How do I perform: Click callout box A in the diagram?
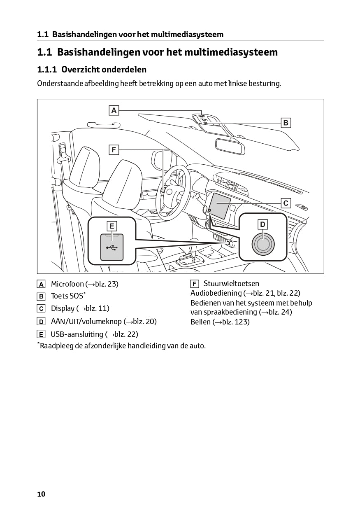point(114,110)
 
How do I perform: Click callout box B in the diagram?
point(286,123)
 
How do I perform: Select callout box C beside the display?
point(286,203)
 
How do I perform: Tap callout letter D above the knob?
point(262,224)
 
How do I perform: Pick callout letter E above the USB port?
point(112,226)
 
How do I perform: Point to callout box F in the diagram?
point(114,149)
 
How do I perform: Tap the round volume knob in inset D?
point(262,244)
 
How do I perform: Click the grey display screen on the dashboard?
point(221,205)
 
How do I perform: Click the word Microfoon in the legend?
point(67,284)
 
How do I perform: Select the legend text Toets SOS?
point(67,296)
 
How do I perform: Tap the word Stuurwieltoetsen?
point(231,284)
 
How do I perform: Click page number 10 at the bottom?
point(41,494)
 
